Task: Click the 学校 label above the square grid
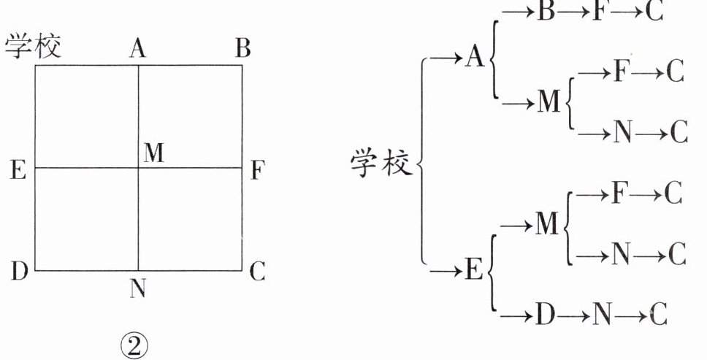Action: [33, 47]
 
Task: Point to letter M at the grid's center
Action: [154, 153]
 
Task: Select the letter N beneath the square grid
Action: [137, 288]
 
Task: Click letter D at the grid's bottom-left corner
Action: [20, 271]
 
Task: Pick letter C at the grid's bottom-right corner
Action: [257, 271]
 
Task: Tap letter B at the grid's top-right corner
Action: [243, 47]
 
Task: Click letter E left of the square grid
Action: [18, 170]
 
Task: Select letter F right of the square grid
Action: [258, 170]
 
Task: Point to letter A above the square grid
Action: [138, 48]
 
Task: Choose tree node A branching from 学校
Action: [474, 57]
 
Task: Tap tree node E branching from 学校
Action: [473, 270]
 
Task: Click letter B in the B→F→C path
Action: [546, 11]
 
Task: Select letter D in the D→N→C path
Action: [545, 314]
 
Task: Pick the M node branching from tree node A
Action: [549, 102]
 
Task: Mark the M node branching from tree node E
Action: [547, 224]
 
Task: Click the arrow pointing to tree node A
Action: [446, 58]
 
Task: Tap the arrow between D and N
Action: [573, 315]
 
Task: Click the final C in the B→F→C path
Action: [654, 11]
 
